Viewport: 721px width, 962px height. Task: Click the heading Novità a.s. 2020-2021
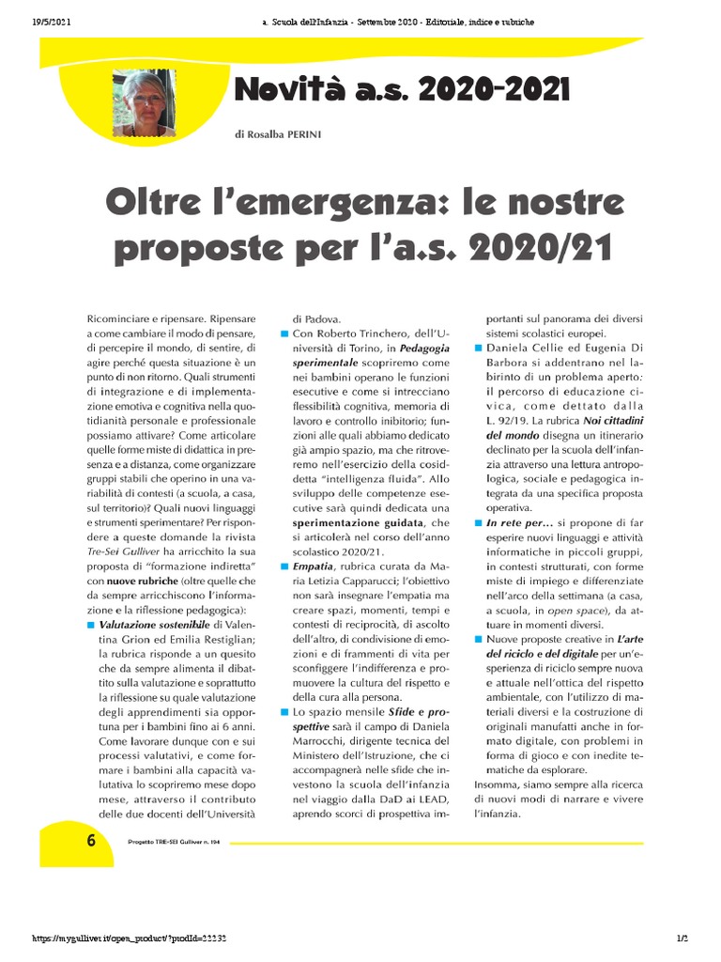point(402,90)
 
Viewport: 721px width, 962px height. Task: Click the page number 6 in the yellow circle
point(91,841)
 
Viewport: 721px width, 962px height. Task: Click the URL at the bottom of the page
point(130,939)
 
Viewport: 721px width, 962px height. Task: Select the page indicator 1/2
point(683,939)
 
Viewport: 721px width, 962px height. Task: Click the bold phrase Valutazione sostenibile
point(155,624)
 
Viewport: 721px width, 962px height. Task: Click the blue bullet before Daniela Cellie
point(477,349)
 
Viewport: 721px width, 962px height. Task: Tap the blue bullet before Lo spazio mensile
point(284,713)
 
